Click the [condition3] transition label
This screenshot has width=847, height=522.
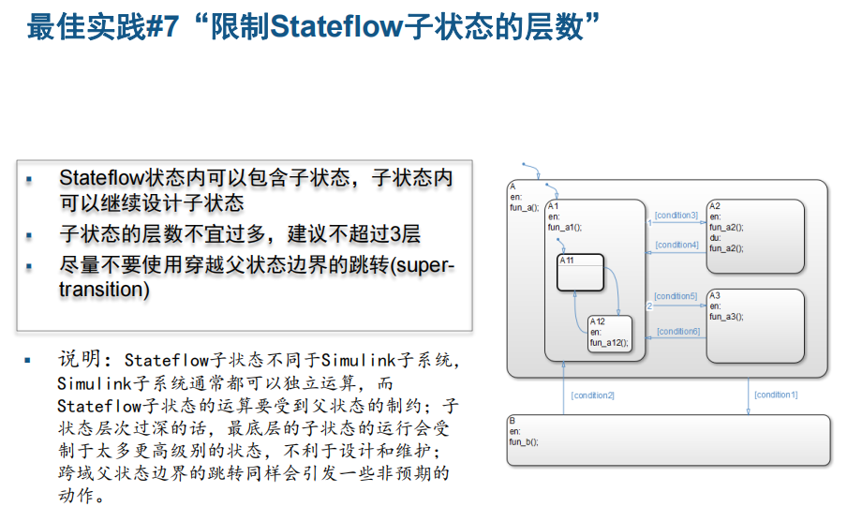676,216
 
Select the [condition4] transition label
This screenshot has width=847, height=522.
676,245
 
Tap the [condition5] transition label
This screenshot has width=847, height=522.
676,296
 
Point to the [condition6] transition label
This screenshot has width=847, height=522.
677,331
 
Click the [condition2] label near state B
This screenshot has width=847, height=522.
592,395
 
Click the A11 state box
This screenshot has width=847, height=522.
580,272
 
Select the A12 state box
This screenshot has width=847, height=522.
610,334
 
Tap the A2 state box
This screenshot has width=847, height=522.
755,235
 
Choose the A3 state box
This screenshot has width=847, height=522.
755,325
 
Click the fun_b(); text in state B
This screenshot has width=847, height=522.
524,441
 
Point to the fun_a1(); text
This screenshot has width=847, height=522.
565,227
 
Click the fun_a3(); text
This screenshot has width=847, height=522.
726,317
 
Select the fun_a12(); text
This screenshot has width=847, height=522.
609,342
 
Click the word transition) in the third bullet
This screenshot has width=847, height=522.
104,290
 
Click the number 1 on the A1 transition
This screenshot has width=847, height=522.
649,223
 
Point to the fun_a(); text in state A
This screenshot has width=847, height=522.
524,207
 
